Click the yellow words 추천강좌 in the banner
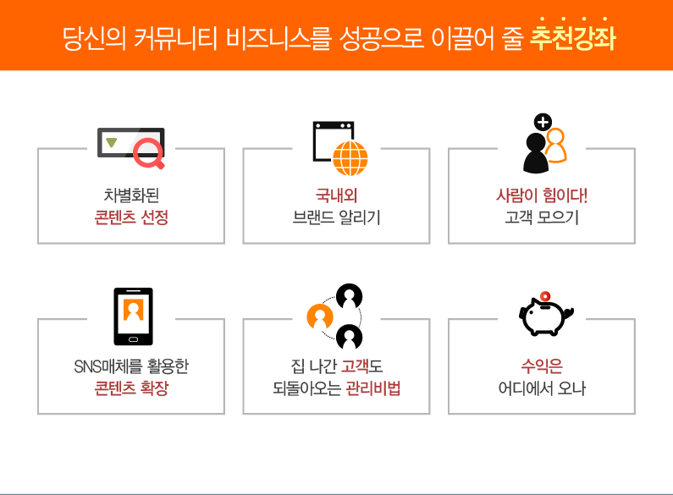(x=573, y=38)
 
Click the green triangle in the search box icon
(x=112, y=142)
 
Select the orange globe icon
(x=350, y=158)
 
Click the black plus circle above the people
(x=543, y=122)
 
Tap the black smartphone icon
(x=134, y=316)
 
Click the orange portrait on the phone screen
(x=134, y=310)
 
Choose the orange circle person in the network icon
(x=320, y=317)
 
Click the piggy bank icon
(x=545, y=316)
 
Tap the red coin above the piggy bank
(x=545, y=296)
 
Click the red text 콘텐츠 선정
(x=131, y=217)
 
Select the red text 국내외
(x=336, y=195)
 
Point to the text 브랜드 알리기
(x=336, y=217)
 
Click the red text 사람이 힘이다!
(x=542, y=195)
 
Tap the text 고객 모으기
(x=542, y=217)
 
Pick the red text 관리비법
(x=373, y=388)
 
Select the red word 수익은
(x=542, y=366)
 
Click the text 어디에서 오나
(x=542, y=388)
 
